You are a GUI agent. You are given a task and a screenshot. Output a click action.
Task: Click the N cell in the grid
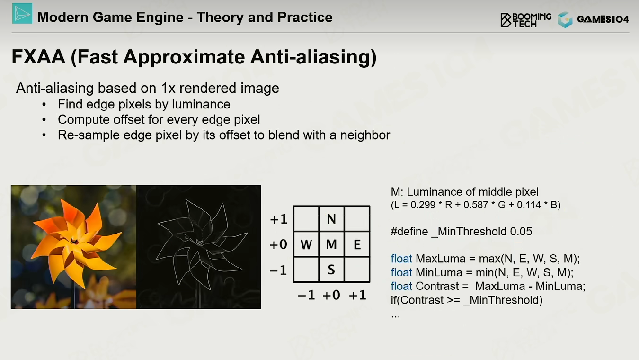pos(331,219)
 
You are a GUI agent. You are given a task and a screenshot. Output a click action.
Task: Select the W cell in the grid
pos(306,244)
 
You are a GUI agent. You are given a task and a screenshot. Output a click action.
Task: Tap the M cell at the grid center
pos(331,244)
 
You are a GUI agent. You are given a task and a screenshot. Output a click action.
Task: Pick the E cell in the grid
pos(357,244)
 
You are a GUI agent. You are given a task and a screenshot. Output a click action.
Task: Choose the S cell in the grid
pos(331,270)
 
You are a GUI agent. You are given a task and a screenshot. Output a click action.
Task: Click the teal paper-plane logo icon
pos(22,13)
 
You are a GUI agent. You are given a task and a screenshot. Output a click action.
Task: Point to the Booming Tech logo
pos(526,20)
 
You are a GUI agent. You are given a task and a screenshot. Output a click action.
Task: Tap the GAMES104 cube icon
pos(565,19)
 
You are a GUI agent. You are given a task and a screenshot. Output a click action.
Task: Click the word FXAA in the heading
pos(38,56)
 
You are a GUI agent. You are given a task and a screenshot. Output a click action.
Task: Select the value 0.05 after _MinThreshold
pos(521,231)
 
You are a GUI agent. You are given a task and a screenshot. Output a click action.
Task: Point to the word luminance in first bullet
pos(201,104)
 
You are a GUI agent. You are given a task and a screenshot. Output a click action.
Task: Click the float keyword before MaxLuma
pos(401,259)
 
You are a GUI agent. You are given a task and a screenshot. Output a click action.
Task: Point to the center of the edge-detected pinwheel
pos(200,242)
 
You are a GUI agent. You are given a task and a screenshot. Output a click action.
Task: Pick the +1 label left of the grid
pos(278,219)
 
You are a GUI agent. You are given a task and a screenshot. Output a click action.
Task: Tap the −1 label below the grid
pos(306,295)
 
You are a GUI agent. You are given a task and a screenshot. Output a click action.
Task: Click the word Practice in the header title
pos(305,17)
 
